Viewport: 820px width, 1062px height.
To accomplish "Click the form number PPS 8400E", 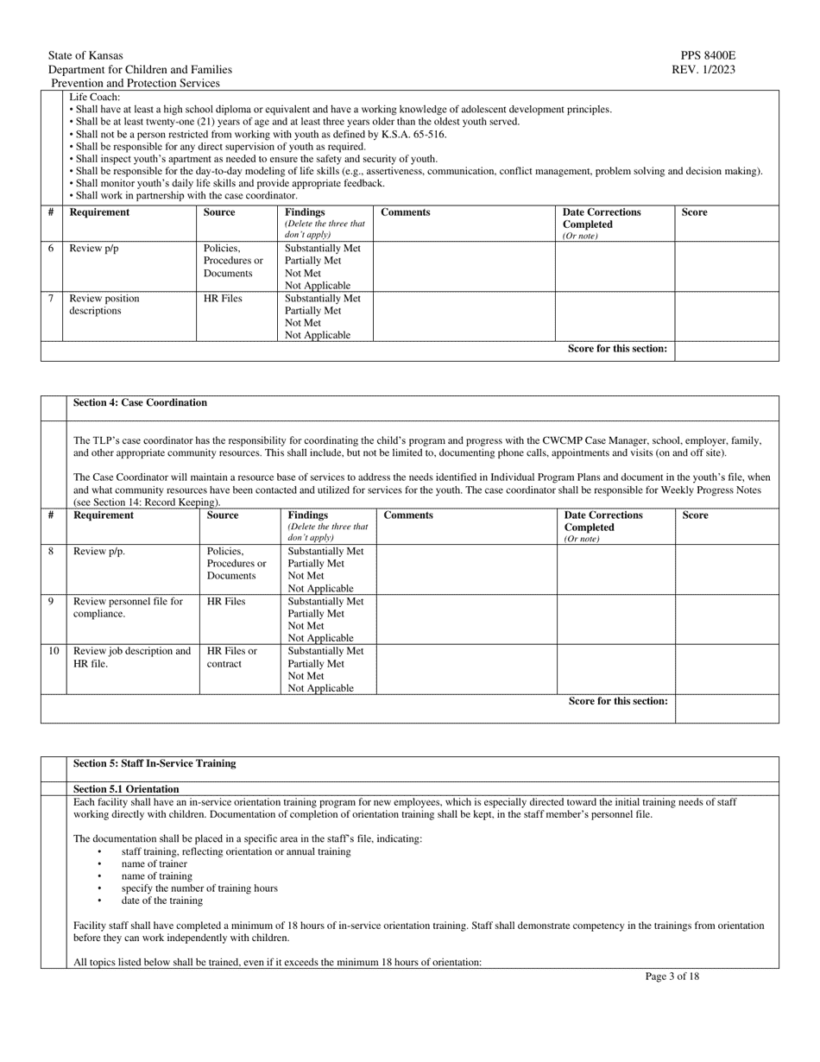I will point(709,55).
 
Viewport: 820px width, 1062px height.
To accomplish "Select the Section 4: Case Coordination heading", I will point(140,402).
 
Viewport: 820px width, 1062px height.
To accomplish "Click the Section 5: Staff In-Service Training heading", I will point(155,763).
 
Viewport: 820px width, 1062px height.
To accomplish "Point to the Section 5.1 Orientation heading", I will point(126,788).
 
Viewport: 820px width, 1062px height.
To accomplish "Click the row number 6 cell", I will point(51,249).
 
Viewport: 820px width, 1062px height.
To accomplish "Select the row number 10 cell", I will point(54,651).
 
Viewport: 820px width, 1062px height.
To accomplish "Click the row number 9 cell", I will point(52,601).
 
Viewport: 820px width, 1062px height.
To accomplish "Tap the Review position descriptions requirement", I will point(104,305).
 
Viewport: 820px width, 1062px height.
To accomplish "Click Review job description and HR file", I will point(131,657).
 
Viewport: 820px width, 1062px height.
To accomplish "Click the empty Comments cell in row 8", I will point(466,569).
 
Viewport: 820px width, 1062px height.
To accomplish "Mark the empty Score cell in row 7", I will point(725,316).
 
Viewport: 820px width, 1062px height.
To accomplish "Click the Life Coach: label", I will point(95,97).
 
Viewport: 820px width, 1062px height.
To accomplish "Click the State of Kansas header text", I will point(85,55).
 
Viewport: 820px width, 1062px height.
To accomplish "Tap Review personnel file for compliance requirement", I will point(128,607).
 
